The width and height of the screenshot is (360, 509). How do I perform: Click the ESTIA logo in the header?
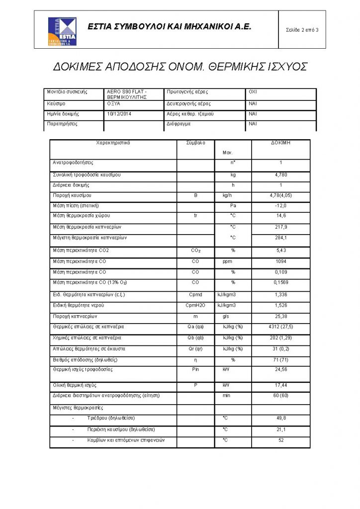point(61,30)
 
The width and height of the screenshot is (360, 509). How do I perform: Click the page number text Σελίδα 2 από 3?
point(302,30)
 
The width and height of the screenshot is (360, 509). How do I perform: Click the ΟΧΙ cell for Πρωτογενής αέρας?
point(253,92)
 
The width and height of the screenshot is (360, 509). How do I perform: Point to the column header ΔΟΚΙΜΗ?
point(281,143)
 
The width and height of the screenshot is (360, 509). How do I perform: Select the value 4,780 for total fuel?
point(281,175)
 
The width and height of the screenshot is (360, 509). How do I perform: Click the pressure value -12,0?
point(281,206)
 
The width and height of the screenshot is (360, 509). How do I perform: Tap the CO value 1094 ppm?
point(281,261)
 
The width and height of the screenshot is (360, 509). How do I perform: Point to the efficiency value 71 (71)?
point(281,359)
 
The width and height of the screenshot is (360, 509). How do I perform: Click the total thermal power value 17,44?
point(281,385)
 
